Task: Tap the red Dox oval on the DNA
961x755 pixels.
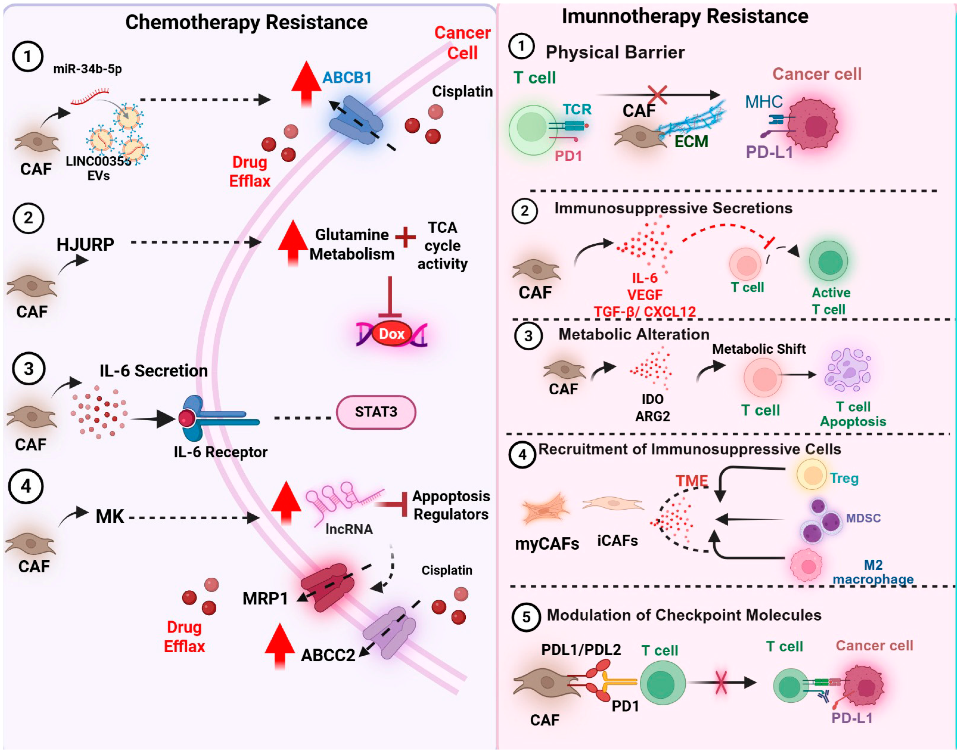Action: pos(392,334)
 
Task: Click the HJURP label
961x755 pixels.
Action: pos(85,244)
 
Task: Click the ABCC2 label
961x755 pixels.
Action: pos(328,655)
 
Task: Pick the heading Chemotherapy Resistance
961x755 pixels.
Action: pos(246,22)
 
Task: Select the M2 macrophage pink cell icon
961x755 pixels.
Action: pos(806,565)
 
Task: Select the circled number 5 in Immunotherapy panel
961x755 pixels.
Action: pos(526,617)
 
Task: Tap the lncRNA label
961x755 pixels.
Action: pos(349,529)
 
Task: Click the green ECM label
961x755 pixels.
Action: pos(691,141)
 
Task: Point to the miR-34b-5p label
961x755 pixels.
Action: pos(87,69)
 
